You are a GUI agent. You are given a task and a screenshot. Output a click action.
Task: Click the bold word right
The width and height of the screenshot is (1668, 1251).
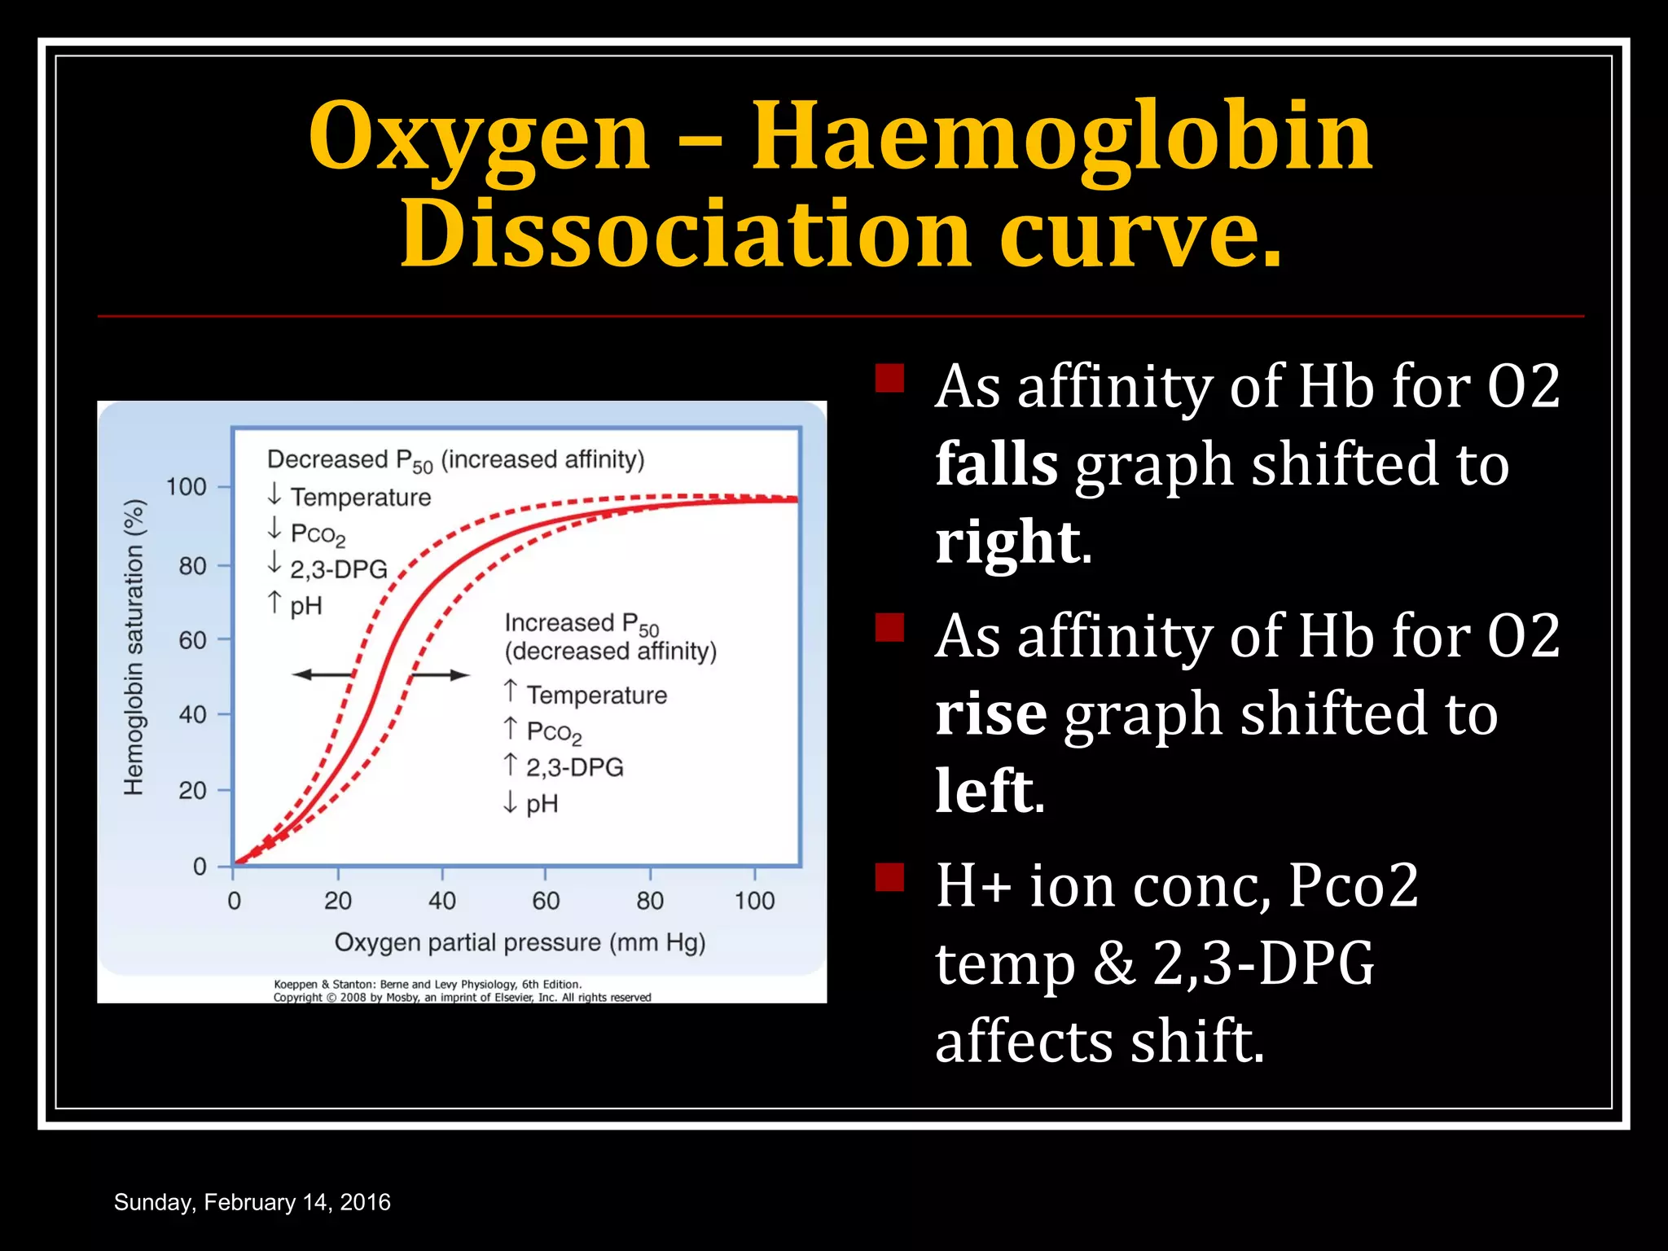click(x=1008, y=542)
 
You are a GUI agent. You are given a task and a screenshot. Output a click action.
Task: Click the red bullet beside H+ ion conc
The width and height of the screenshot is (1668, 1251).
click(x=889, y=877)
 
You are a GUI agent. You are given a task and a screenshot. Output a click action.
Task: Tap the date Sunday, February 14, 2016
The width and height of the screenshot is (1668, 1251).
click(x=252, y=1202)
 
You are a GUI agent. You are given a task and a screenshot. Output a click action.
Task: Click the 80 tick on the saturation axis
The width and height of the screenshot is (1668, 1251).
click(x=193, y=565)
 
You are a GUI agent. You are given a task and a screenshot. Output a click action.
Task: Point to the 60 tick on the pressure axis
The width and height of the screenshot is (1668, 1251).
click(x=546, y=900)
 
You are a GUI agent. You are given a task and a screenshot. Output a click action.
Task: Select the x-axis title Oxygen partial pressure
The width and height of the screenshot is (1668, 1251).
click(x=520, y=942)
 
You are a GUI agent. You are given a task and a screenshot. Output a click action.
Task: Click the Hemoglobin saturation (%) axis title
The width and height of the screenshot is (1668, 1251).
click(x=134, y=647)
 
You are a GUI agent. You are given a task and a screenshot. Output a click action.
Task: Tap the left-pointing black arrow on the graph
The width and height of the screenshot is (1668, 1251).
click(x=322, y=674)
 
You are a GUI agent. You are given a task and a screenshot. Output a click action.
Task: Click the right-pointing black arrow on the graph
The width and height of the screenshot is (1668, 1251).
click(x=440, y=674)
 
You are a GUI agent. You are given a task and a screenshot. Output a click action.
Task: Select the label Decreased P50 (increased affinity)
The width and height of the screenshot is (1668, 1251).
click(x=455, y=460)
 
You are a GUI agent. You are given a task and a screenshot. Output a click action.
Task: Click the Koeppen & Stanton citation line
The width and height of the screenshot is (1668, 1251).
click(x=427, y=984)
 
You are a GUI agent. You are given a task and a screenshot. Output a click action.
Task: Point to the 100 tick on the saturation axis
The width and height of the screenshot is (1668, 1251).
click(x=187, y=487)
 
